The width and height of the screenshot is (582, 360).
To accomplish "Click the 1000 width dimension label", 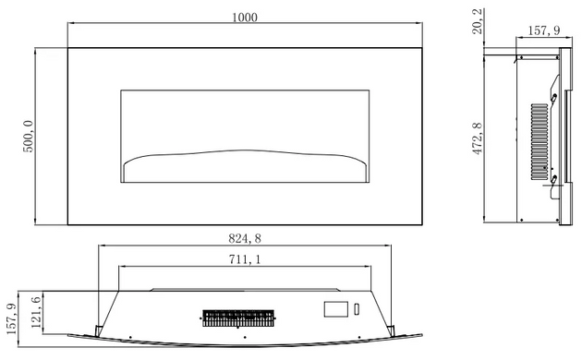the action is tap(245, 18).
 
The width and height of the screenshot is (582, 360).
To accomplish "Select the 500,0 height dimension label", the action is tap(29, 136).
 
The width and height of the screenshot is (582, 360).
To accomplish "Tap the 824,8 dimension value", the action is tap(245, 238).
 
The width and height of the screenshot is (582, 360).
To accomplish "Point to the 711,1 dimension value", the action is tap(245, 259).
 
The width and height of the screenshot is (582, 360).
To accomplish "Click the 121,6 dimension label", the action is tap(36, 312).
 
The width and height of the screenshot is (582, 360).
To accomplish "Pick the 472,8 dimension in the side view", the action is tap(478, 138).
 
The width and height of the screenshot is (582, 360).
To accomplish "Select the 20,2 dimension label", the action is tap(478, 21).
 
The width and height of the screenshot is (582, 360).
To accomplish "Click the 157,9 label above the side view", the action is tap(544, 30).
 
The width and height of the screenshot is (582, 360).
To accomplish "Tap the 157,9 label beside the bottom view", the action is tap(11, 318).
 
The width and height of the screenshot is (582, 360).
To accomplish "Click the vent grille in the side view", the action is tap(540, 141).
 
